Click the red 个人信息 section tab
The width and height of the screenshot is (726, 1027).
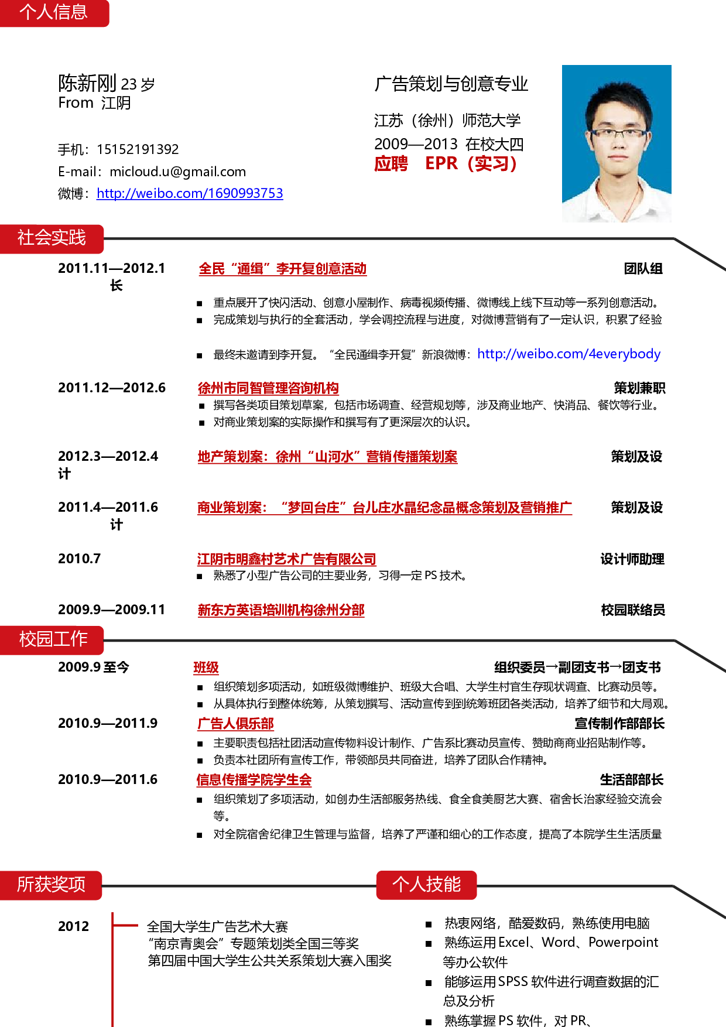tap(54, 12)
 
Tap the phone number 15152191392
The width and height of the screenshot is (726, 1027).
tap(138, 149)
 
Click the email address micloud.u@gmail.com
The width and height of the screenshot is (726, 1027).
tap(177, 172)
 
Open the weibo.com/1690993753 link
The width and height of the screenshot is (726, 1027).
tap(190, 193)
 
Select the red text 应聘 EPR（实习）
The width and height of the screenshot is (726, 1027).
tap(446, 163)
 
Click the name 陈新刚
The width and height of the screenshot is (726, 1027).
tap(88, 83)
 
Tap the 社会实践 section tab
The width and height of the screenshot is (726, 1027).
tap(52, 238)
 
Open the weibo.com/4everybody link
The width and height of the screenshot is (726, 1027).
tap(569, 354)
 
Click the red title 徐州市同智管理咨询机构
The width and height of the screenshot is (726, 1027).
tap(268, 388)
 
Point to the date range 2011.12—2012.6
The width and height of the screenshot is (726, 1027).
tap(112, 388)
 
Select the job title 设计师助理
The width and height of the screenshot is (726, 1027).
tap(632, 559)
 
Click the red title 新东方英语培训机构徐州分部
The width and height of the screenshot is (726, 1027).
tap(281, 610)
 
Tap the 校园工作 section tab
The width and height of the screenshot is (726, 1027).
tap(52, 639)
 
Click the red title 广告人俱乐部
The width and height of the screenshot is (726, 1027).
tap(235, 724)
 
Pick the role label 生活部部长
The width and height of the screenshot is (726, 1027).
tap(632, 780)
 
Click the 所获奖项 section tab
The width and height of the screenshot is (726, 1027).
tap(51, 885)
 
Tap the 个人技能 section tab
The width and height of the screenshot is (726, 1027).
tap(426, 885)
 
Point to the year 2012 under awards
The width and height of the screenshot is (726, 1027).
tap(74, 926)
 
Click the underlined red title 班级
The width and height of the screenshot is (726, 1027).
tap(206, 667)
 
